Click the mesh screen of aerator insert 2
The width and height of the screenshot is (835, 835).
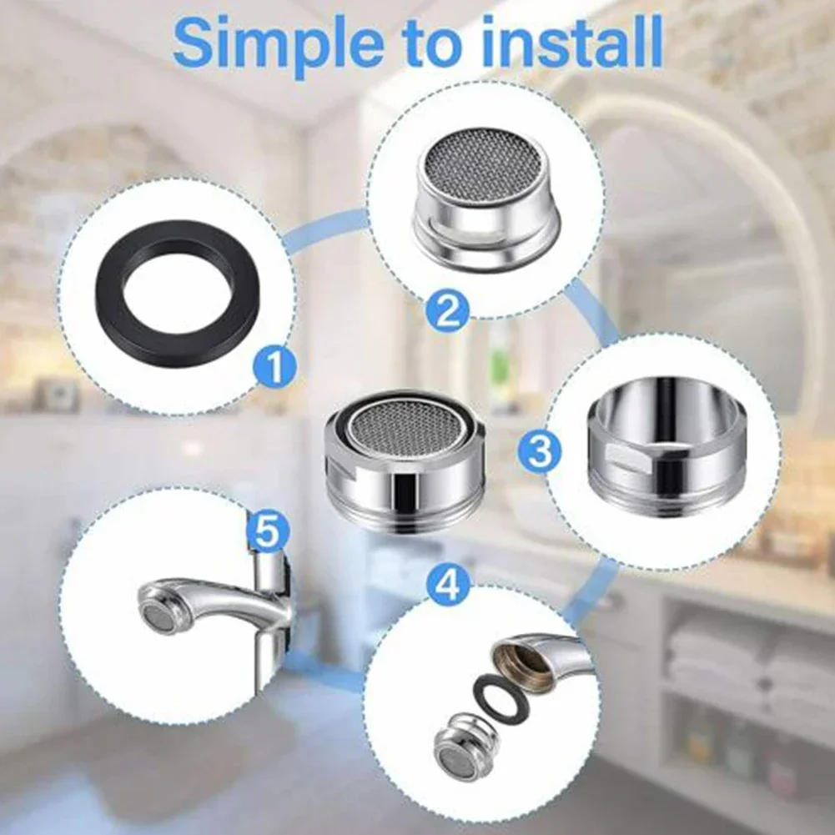(484, 166)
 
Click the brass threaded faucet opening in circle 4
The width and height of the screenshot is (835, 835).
(518, 664)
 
